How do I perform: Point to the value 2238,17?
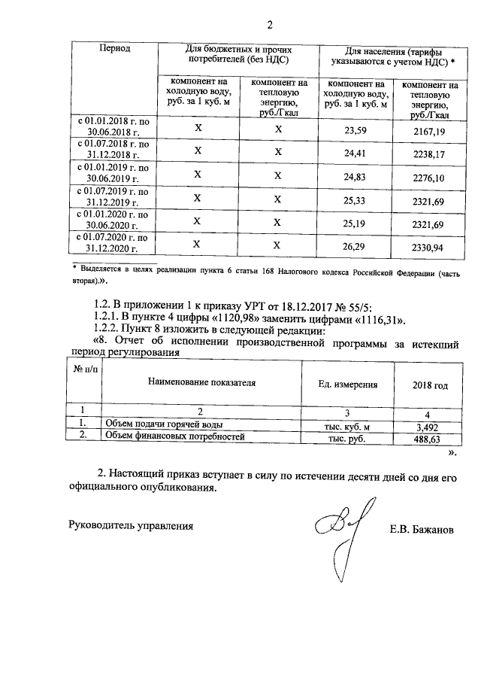pos(429,153)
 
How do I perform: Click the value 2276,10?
pos(429,176)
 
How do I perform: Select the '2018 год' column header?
pos(430,385)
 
